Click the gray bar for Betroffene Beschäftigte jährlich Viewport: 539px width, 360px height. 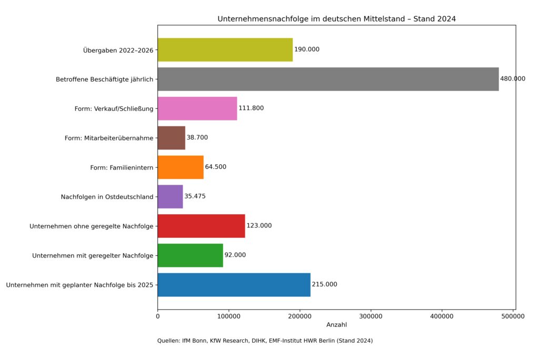(328, 79)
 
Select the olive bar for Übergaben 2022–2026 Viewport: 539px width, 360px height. (225, 49)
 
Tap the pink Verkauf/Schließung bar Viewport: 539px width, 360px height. (197, 108)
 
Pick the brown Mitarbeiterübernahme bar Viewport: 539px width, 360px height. (171, 138)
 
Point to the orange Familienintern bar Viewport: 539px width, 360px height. (181, 167)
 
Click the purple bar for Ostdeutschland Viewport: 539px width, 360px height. (170, 197)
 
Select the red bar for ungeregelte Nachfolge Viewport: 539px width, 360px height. (201, 226)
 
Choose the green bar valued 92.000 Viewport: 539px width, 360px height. (190, 255)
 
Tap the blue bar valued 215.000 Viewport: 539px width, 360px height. (234, 285)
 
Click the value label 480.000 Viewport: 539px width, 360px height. (513, 79)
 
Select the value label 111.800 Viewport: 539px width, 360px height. (251, 108)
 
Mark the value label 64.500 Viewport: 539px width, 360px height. (215, 167)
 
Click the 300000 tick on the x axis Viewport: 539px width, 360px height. (371, 316)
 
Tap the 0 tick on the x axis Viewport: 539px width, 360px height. (157, 316)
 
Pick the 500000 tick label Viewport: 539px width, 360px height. (513, 316)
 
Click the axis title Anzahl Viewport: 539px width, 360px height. (336, 325)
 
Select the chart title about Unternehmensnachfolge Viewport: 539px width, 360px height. (336, 19)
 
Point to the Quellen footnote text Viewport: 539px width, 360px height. (265, 341)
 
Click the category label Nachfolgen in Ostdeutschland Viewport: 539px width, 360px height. (107, 197)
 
